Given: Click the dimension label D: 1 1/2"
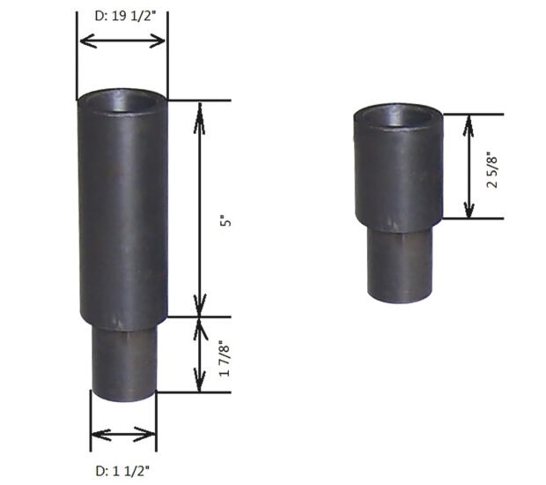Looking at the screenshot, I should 123,468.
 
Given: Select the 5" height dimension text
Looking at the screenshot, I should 228,221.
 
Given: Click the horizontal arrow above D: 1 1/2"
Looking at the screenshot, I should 123,433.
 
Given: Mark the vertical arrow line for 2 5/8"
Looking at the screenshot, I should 470,167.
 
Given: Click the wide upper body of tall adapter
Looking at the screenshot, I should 122,212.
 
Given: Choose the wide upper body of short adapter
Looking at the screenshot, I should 398,172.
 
